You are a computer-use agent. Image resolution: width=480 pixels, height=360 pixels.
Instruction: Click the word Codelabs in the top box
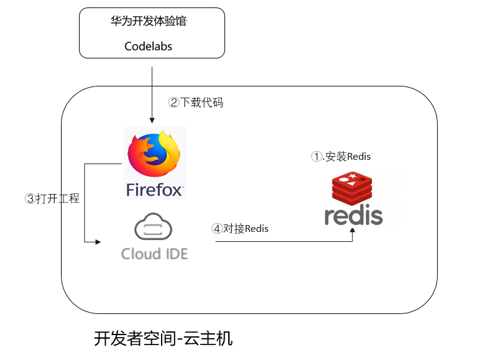[x=148, y=46]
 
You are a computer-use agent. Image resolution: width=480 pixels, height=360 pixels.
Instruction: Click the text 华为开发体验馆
[x=148, y=22]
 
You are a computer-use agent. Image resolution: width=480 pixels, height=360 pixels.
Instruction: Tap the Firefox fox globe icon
[x=154, y=155]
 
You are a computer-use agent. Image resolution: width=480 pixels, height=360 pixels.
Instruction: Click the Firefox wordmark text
[x=155, y=190]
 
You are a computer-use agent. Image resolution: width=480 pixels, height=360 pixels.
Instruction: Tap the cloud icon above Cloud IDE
[x=154, y=228]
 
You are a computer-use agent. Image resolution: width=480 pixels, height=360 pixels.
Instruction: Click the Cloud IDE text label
[x=154, y=254]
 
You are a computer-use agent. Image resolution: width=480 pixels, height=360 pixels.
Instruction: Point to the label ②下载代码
[x=196, y=103]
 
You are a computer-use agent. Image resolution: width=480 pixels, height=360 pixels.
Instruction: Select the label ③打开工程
[x=52, y=199]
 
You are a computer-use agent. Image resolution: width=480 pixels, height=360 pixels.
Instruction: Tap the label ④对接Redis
[x=241, y=228]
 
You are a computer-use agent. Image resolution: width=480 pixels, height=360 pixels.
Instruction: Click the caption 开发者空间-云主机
[x=163, y=339]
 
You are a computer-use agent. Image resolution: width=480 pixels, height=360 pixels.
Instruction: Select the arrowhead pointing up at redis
[x=353, y=231]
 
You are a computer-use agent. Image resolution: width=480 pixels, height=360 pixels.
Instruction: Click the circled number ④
[x=217, y=228]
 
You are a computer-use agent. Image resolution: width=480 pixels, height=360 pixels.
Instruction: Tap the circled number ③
[x=30, y=199]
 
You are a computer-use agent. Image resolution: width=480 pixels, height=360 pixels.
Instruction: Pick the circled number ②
[x=174, y=103]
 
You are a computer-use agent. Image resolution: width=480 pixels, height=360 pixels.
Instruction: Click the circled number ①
[x=316, y=156]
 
